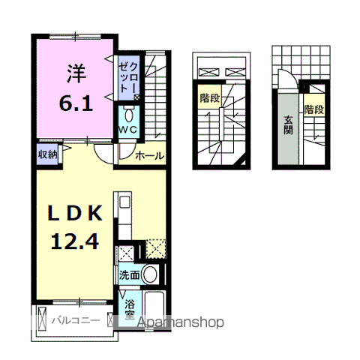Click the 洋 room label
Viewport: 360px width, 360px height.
click(76, 73)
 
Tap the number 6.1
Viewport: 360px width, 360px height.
click(76, 103)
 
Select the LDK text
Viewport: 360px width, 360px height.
click(75, 213)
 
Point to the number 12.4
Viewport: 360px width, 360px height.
click(75, 241)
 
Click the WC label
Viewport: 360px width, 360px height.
click(127, 130)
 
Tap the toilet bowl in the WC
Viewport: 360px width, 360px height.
click(129, 115)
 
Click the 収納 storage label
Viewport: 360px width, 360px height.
click(47, 154)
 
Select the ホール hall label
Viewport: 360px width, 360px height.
click(150, 156)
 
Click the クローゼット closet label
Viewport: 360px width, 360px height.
click(127, 77)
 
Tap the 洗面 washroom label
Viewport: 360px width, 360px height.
click(129, 275)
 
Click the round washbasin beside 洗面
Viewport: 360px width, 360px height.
click(151, 274)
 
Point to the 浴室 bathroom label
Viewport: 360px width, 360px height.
click(130, 309)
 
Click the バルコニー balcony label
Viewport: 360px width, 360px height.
click(76, 320)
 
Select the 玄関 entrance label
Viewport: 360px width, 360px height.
click(288, 125)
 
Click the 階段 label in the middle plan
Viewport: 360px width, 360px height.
click(210, 98)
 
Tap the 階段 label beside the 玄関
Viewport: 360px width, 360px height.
click(314, 109)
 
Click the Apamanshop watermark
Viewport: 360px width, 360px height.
click(181, 322)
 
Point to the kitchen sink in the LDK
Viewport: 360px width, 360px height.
click(124, 202)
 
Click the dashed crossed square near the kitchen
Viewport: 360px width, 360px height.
click(156, 249)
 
